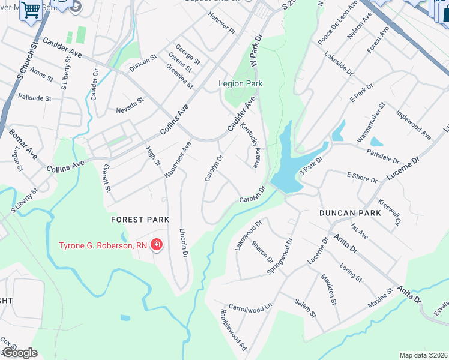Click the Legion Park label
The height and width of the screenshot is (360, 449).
[x=241, y=84]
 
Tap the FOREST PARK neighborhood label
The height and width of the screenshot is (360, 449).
[x=140, y=220]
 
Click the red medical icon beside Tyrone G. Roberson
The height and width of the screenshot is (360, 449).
[x=157, y=245]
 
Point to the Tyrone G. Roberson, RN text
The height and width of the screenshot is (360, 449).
[x=102, y=245]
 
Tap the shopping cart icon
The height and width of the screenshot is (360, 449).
[x=30, y=10]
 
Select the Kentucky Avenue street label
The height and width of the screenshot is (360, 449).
[x=250, y=146]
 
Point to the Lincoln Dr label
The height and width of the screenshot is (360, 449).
[x=184, y=243]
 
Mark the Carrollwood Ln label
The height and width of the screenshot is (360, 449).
[x=250, y=307]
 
